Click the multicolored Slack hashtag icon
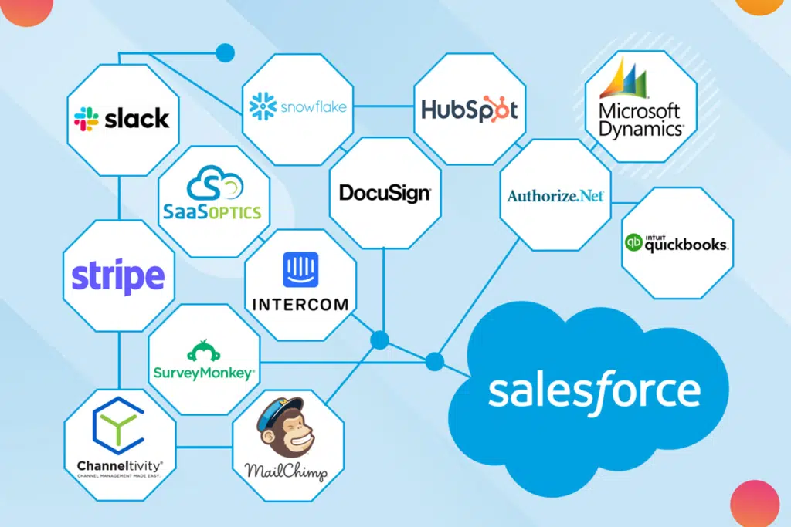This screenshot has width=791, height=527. pos(87,119)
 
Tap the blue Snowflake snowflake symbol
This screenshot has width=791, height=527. pos(263,106)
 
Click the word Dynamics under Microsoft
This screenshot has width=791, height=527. pos(640,129)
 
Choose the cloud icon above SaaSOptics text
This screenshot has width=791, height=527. pos(215,184)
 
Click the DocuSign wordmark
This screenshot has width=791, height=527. pos(385,194)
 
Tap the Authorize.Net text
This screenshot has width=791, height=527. pos(555,195)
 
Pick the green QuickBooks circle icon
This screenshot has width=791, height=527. pos(633,242)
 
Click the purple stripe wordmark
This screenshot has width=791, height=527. pos(118,276)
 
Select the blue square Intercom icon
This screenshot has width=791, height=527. pos(300,269)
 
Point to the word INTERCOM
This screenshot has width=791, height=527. pos(300,304)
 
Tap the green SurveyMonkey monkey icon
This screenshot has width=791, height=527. pos(204,350)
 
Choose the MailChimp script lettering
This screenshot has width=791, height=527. pos(286,471)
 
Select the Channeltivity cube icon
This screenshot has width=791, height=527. pos(118,426)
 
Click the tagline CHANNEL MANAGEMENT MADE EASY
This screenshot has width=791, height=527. pos(119,475)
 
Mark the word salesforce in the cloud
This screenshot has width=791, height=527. pos(594,393)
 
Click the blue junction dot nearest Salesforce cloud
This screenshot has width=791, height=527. pos(434,361)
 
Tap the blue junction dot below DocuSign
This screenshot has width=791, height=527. pos(380,340)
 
